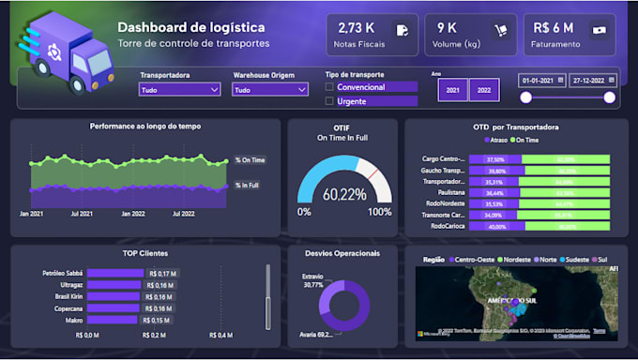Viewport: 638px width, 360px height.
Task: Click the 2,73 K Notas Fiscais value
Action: pyautogui.click(x=356, y=28)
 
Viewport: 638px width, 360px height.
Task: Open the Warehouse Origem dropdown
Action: pyautogui.click(x=270, y=90)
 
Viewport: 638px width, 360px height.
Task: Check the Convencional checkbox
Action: pyautogui.click(x=329, y=87)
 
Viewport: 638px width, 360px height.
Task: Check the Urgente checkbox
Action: pyautogui.click(x=329, y=101)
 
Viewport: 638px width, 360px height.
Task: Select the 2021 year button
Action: pyautogui.click(x=452, y=89)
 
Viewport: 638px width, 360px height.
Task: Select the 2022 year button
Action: pyautogui.click(x=484, y=89)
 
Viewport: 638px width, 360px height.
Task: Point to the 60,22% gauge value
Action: pyautogui.click(x=344, y=195)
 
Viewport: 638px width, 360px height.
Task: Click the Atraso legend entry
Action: pyautogui.click(x=495, y=140)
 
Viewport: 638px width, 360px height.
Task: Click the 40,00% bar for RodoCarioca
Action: pyautogui.click(x=497, y=226)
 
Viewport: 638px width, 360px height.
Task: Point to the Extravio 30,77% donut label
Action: pyautogui.click(x=312, y=281)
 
